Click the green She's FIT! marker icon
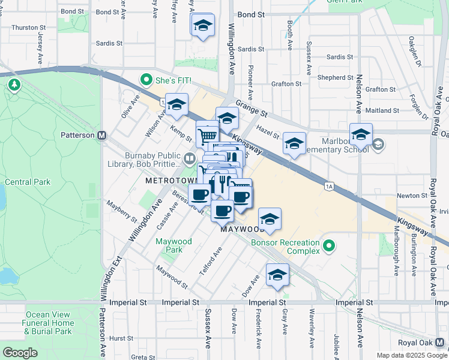point(145,79)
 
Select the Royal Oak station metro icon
point(441,341)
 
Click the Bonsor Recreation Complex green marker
point(329,246)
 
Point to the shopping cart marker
point(207,133)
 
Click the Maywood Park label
point(173,245)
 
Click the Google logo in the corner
point(20,353)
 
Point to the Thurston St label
point(25,27)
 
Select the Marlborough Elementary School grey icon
point(379,144)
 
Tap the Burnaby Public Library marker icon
point(190,158)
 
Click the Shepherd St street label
point(336,77)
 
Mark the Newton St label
point(407,196)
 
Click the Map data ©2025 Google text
point(411,355)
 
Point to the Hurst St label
point(121,338)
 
